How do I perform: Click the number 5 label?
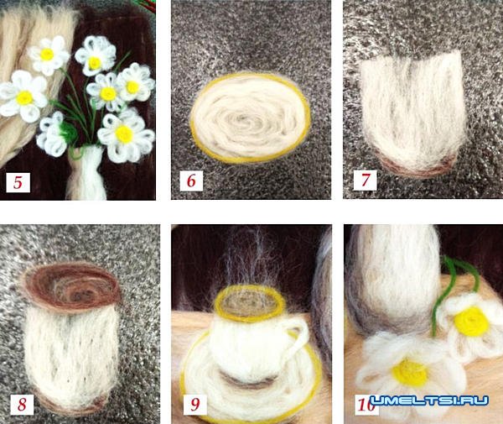click(x=18, y=182)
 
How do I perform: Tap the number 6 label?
click(x=191, y=181)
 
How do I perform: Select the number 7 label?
click(x=365, y=180)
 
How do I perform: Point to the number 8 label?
click(x=22, y=404)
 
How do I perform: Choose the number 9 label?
click(x=195, y=404)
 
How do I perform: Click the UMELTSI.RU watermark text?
click(x=429, y=400)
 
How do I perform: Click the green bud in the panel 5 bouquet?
click(x=69, y=133)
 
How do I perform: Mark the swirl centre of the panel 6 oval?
click(x=245, y=119)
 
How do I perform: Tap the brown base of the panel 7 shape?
click(x=417, y=165)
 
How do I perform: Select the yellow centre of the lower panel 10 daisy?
click(x=410, y=373)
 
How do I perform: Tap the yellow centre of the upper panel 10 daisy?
click(x=471, y=322)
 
